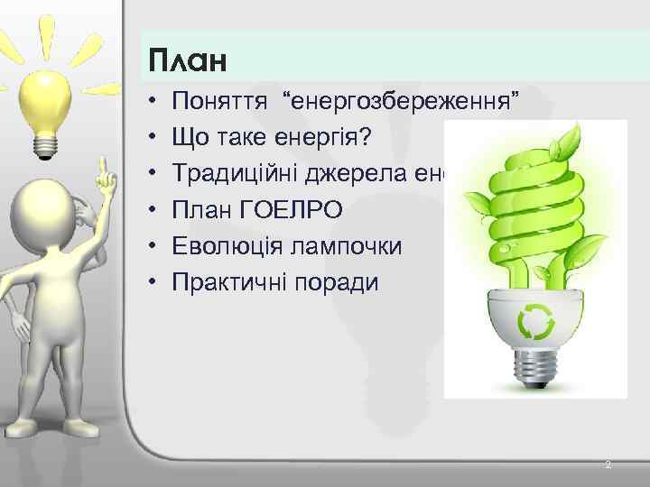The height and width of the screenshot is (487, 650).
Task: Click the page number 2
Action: [x=608, y=464]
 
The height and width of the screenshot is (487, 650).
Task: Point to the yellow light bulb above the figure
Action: [x=42, y=90]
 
